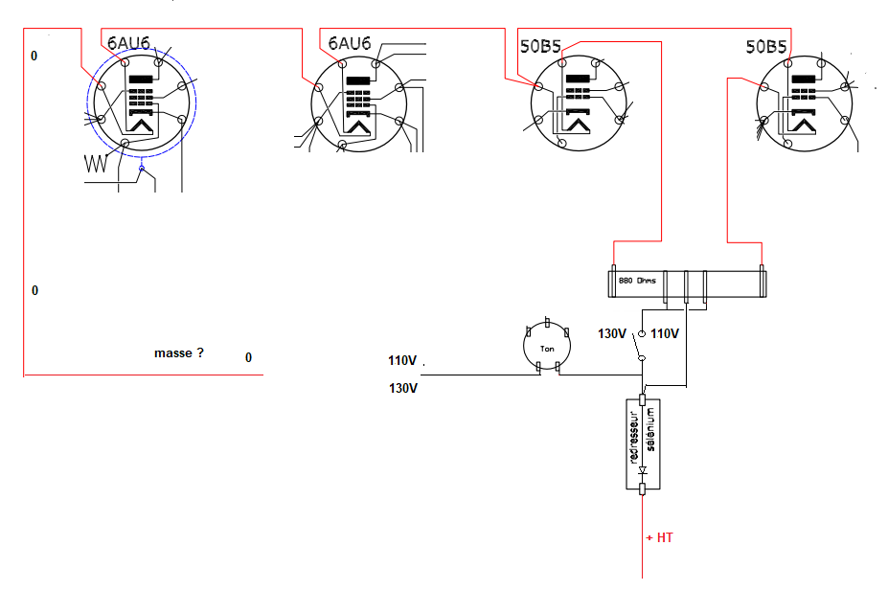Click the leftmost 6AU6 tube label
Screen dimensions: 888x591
tap(128, 43)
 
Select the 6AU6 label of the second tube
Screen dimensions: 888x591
tap(350, 44)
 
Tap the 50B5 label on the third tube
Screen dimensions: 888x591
tap(540, 46)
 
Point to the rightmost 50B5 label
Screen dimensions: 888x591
tap(766, 46)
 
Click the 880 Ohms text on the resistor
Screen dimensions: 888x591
tap(637, 281)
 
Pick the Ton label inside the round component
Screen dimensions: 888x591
tap(547, 349)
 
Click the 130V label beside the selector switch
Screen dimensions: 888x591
tap(611, 334)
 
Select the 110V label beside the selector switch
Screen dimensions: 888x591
tap(664, 334)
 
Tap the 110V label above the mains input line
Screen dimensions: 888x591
tap(402, 360)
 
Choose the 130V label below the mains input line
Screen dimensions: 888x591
tap(403, 388)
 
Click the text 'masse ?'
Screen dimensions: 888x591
tap(179, 353)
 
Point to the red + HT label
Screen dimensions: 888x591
tap(659, 537)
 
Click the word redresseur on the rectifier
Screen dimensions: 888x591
tap(634, 437)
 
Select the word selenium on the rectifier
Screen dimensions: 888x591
tap(650, 429)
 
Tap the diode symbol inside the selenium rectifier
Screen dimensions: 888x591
tap(642, 470)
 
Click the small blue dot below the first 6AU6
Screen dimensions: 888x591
tap(142, 169)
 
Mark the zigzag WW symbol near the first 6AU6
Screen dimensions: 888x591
tap(96, 164)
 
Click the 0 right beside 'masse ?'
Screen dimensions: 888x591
tap(249, 358)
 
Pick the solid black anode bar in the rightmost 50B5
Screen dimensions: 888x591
tap(803, 80)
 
